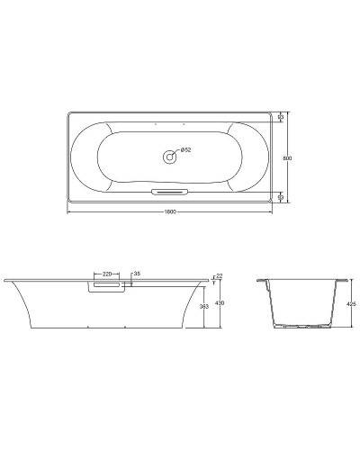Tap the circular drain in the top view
pyautogui.click(x=169, y=157)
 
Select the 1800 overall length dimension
pyautogui.click(x=169, y=211)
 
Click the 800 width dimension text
pyautogui.click(x=289, y=157)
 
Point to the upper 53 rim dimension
pyautogui.click(x=281, y=117)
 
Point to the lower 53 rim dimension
pyautogui.click(x=281, y=196)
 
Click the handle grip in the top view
pyautogui.click(x=169, y=192)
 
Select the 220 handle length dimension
pyautogui.click(x=107, y=273)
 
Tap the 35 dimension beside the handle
pyautogui.click(x=136, y=273)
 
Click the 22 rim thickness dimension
pyautogui.click(x=218, y=275)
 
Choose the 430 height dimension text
pyautogui.click(x=219, y=303)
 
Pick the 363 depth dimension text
pyautogui.click(x=205, y=307)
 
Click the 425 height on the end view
pyautogui.click(x=351, y=305)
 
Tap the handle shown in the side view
pyautogui.click(x=109, y=287)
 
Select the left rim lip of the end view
pyautogui.click(x=261, y=282)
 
